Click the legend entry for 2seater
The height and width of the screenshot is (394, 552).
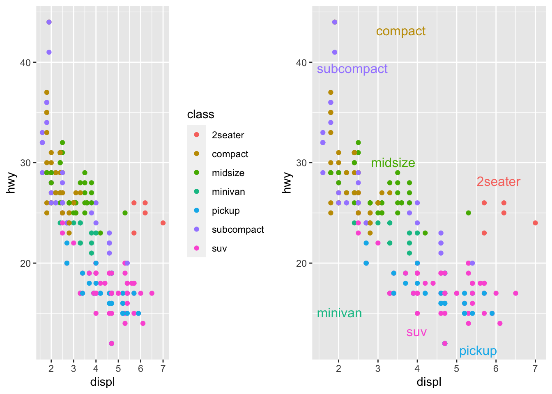click(x=228, y=135)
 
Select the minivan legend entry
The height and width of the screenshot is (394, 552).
click(x=228, y=192)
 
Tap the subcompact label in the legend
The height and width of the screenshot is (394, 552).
click(x=238, y=229)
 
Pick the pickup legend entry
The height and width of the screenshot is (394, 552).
click(x=225, y=211)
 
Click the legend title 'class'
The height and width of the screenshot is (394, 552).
click(x=200, y=114)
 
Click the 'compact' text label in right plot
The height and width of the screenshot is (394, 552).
click(x=401, y=31)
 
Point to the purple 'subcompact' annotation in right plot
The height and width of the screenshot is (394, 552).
click(x=352, y=69)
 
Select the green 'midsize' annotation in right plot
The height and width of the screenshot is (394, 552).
click(x=393, y=163)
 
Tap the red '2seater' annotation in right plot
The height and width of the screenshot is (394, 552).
click(x=498, y=181)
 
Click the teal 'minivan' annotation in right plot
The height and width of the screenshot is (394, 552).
click(x=339, y=313)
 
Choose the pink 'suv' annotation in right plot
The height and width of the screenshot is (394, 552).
click(x=416, y=332)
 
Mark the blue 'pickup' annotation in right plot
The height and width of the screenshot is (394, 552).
click(x=478, y=351)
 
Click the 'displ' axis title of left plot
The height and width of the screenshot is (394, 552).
click(x=102, y=382)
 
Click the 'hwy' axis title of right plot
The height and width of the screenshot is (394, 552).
click(x=287, y=183)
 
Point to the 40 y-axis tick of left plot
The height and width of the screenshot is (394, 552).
click(x=25, y=62)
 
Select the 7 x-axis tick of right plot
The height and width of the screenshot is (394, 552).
click(x=535, y=368)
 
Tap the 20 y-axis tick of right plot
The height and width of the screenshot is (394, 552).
click(x=301, y=263)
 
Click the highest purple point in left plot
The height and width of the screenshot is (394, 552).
click(x=49, y=22)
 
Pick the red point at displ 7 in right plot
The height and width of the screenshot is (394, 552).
click(x=535, y=223)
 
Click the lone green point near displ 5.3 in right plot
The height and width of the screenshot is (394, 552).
click(x=468, y=213)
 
